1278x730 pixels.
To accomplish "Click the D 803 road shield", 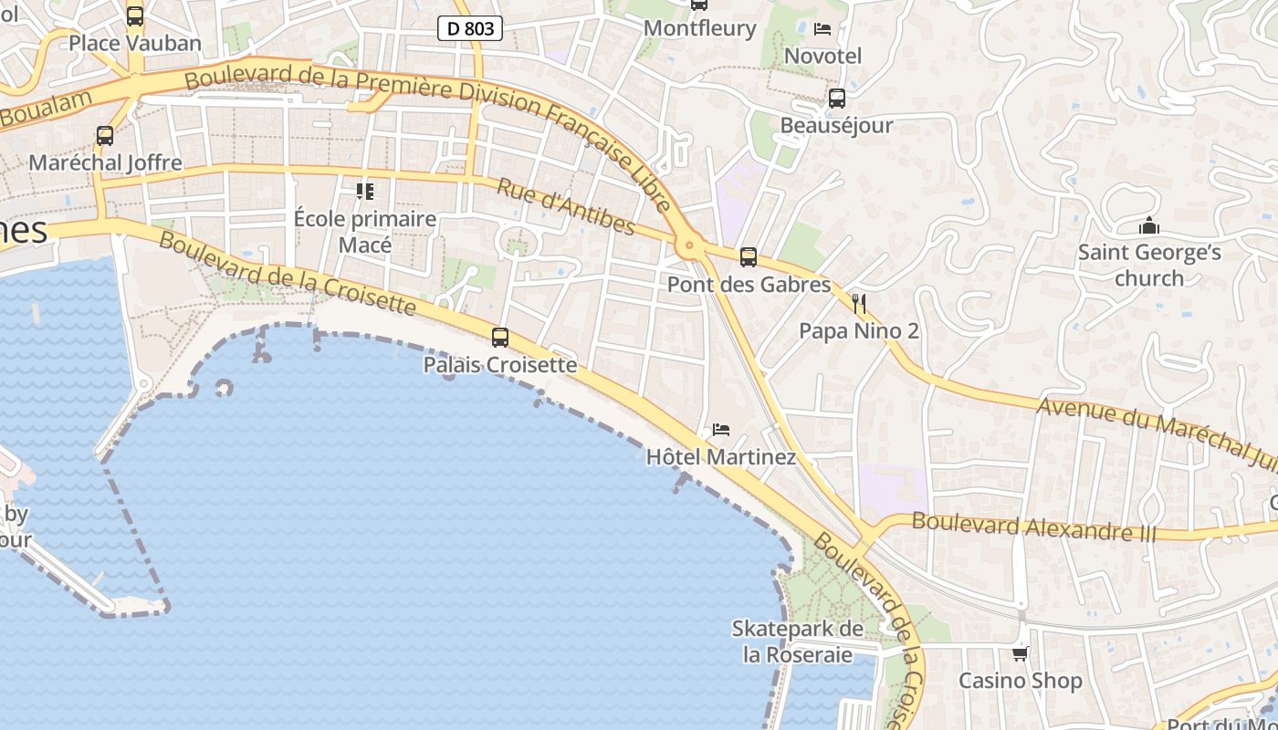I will pos(471,28).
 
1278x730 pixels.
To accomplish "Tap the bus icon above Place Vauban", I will pos(135,16).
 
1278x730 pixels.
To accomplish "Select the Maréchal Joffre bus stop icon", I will pos(105,136).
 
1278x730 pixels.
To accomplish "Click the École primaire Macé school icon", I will pos(365,191).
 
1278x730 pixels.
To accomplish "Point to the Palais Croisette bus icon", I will pos(500,338).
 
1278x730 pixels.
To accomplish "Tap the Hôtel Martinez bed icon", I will pos(721,429).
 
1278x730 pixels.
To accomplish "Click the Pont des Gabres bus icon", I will pos(749,257).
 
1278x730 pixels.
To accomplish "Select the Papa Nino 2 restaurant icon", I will pos(858,303).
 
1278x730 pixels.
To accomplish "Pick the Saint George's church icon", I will pos(1149,224).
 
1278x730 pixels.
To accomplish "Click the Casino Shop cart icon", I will pos(1020,653).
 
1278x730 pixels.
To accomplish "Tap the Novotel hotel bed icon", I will pos(822,28).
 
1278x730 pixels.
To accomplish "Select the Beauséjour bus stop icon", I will pos(836,99).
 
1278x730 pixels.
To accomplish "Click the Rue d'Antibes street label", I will pos(566,206).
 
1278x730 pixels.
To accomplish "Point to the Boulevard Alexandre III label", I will pos(1034,527).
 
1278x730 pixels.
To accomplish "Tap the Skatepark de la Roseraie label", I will pos(798,641).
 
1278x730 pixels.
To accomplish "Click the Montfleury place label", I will pos(700,28).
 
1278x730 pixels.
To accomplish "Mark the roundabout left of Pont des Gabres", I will pos(688,245).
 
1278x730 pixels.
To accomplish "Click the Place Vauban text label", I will pos(135,43).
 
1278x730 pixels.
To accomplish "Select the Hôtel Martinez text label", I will pos(721,456).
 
